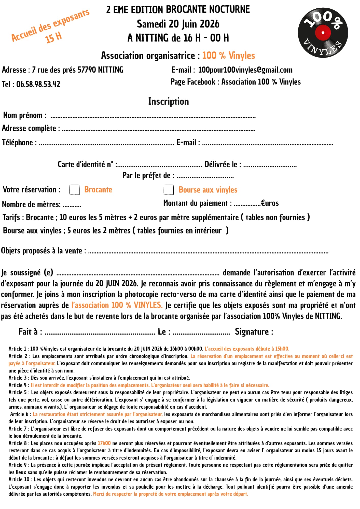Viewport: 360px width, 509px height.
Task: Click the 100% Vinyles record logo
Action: click(323, 33)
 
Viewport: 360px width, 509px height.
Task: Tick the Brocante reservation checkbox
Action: click(74, 190)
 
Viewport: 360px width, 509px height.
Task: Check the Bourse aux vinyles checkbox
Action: click(169, 190)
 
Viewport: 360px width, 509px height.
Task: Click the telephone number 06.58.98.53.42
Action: click(38, 84)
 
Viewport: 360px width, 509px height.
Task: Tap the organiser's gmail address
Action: click(245, 70)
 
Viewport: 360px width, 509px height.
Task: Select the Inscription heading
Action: click(169, 101)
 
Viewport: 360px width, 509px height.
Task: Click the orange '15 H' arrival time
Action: click(53, 37)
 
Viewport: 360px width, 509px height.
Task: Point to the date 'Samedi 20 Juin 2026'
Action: click(178, 24)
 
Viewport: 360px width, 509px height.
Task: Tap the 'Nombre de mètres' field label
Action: click(31, 204)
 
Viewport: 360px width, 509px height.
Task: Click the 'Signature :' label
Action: click(254, 332)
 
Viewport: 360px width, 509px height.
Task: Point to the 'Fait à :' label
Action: click(30, 332)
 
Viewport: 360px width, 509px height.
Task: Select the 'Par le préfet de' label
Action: click(148, 175)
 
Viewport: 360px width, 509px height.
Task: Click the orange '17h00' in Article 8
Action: click(104, 443)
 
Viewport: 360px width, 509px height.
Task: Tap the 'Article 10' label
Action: click(19, 479)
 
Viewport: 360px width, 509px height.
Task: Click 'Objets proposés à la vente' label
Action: click(43, 251)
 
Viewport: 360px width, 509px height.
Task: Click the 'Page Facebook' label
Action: click(193, 82)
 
